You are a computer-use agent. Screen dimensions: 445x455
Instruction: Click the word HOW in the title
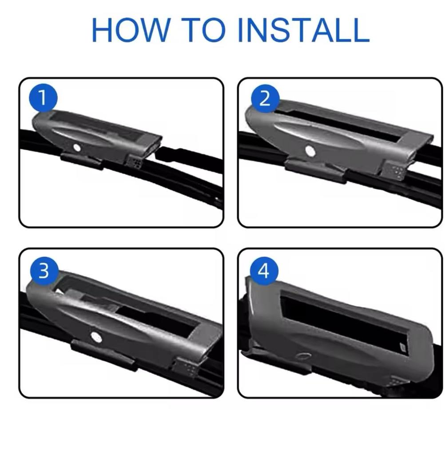coord(131,30)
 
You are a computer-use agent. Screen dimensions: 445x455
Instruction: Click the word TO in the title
coord(203,30)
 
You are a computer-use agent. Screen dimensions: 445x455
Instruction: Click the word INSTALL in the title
coord(303,30)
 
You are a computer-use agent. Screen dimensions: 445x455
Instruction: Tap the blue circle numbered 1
coord(43,98)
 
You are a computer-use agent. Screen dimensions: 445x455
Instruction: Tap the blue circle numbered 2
coord(265,99)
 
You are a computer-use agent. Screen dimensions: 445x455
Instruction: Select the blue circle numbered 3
coord(44,271)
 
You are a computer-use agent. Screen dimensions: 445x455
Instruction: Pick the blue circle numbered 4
coord(264,271)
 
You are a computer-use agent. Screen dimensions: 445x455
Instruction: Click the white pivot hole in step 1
coord(77,148)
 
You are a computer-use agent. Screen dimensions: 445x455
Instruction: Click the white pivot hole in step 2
coord(310,151)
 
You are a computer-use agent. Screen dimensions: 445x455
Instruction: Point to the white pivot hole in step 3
coord(96,337)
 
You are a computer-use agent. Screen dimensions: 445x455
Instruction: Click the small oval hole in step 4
coord(304,356)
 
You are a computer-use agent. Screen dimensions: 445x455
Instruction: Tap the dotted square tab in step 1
coord(135,161)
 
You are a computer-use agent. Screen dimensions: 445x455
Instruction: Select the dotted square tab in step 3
coord(186,367)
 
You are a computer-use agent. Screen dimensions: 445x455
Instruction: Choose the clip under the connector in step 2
coord(316,171)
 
